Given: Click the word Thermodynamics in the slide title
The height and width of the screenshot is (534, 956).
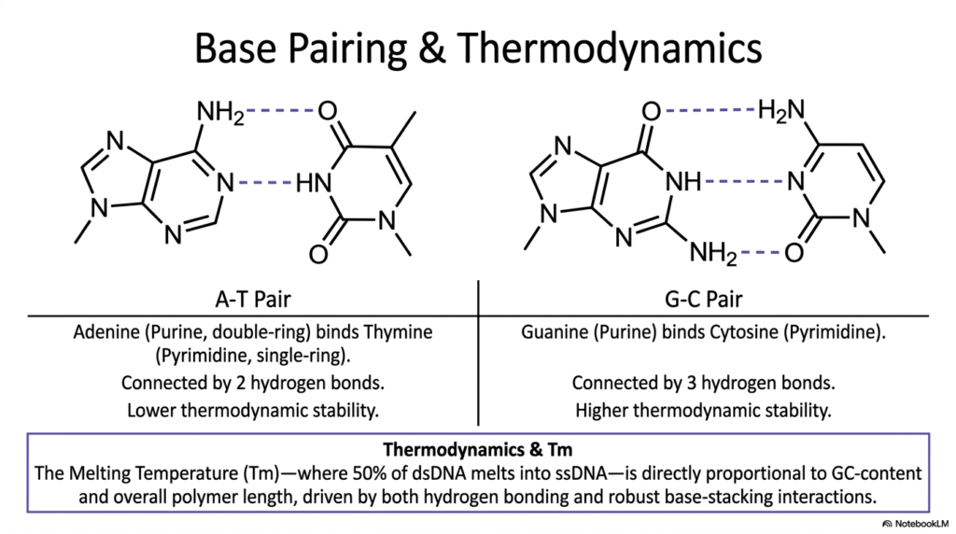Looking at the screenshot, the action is (609, 49).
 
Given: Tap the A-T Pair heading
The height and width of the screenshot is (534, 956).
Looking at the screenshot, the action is (253, 300).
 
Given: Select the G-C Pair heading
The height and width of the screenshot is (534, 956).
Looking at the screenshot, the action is (704, 300).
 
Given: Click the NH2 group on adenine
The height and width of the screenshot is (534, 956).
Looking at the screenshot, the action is (220, 113).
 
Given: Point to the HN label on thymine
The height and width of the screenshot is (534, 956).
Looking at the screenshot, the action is (314, 183).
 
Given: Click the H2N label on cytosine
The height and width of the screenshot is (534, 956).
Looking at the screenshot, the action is (781, 110).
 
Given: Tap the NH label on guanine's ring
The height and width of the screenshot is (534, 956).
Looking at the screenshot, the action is (682, 182).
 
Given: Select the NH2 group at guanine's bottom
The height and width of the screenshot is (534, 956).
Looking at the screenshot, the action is (712, 252).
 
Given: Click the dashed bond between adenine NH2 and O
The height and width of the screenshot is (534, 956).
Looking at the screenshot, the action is (280, 111).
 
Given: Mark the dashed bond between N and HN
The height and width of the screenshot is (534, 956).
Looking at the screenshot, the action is (265, 182).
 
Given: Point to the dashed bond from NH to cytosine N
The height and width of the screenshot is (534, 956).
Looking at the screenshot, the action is (744, 182).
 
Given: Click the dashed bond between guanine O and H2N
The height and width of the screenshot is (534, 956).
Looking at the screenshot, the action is (710, 110).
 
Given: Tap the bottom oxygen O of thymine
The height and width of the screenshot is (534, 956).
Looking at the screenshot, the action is (318, 254).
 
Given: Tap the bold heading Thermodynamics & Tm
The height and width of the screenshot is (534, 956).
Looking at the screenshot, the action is (477, 450).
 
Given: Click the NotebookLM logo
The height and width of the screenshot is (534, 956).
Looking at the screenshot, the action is (916, 524).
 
